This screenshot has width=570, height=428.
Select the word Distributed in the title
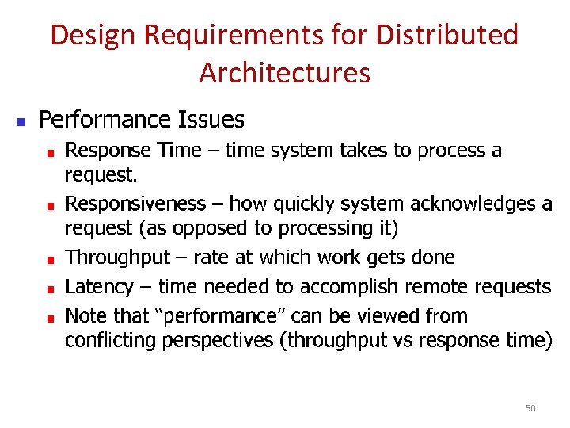click(447, 36)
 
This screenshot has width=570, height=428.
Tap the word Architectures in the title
click(284, 73)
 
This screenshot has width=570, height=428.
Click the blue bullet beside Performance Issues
click(22, 122)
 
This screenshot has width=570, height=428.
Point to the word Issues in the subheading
click(211, 120)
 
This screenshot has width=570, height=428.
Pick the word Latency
click(98, 286)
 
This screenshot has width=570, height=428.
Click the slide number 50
click(530, 408)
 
